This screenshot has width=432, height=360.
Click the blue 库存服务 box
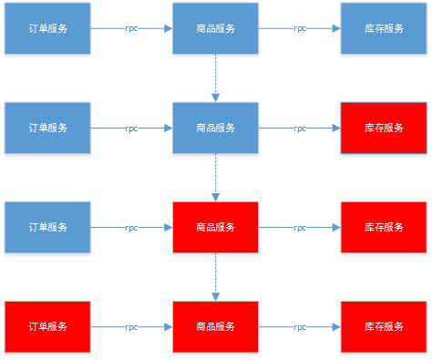383,28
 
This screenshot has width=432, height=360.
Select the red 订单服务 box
47,325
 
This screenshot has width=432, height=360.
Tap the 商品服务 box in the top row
216,28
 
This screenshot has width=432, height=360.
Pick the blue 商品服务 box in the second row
216,128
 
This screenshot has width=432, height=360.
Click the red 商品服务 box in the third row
216,227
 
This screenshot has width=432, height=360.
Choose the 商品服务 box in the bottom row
216,325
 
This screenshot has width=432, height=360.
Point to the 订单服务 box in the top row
47,28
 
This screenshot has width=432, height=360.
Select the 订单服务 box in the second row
47,128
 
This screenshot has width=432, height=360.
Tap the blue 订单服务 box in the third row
47,227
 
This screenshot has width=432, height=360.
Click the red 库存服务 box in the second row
383,128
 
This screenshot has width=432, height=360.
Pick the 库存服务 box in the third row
383,227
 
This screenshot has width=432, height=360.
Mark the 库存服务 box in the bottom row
383,325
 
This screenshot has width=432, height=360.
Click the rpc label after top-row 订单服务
131,29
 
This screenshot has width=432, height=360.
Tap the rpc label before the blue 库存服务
300,29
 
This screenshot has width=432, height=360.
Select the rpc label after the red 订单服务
131,326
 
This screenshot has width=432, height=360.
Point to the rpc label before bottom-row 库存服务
300,326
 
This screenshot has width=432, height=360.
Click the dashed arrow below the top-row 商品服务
216,77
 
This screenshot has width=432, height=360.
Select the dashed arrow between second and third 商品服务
216,177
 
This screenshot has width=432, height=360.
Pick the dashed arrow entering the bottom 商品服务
216,276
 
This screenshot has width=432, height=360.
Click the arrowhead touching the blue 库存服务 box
336,28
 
